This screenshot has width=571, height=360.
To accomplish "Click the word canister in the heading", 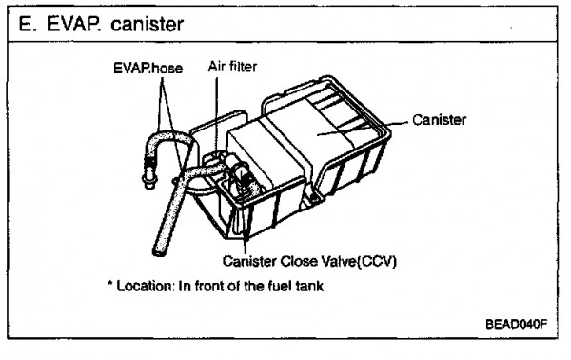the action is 148,25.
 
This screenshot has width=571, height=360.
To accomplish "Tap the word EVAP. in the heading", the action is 74,25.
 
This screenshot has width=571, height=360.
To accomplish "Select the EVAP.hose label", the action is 148,69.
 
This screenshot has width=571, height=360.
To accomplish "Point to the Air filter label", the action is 232,67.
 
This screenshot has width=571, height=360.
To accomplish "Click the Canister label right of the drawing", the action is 439,120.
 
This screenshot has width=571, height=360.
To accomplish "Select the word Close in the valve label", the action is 298,261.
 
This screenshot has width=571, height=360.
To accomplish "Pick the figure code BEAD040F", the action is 517,324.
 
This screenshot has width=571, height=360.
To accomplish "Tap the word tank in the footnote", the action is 309,286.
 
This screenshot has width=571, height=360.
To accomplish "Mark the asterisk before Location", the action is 110,284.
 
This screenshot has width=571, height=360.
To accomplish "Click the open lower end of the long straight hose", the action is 159,251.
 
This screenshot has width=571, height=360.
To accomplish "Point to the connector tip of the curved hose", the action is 148,181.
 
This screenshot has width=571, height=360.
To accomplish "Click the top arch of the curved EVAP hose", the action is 168,136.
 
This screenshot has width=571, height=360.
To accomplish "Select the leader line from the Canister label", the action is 362,129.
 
